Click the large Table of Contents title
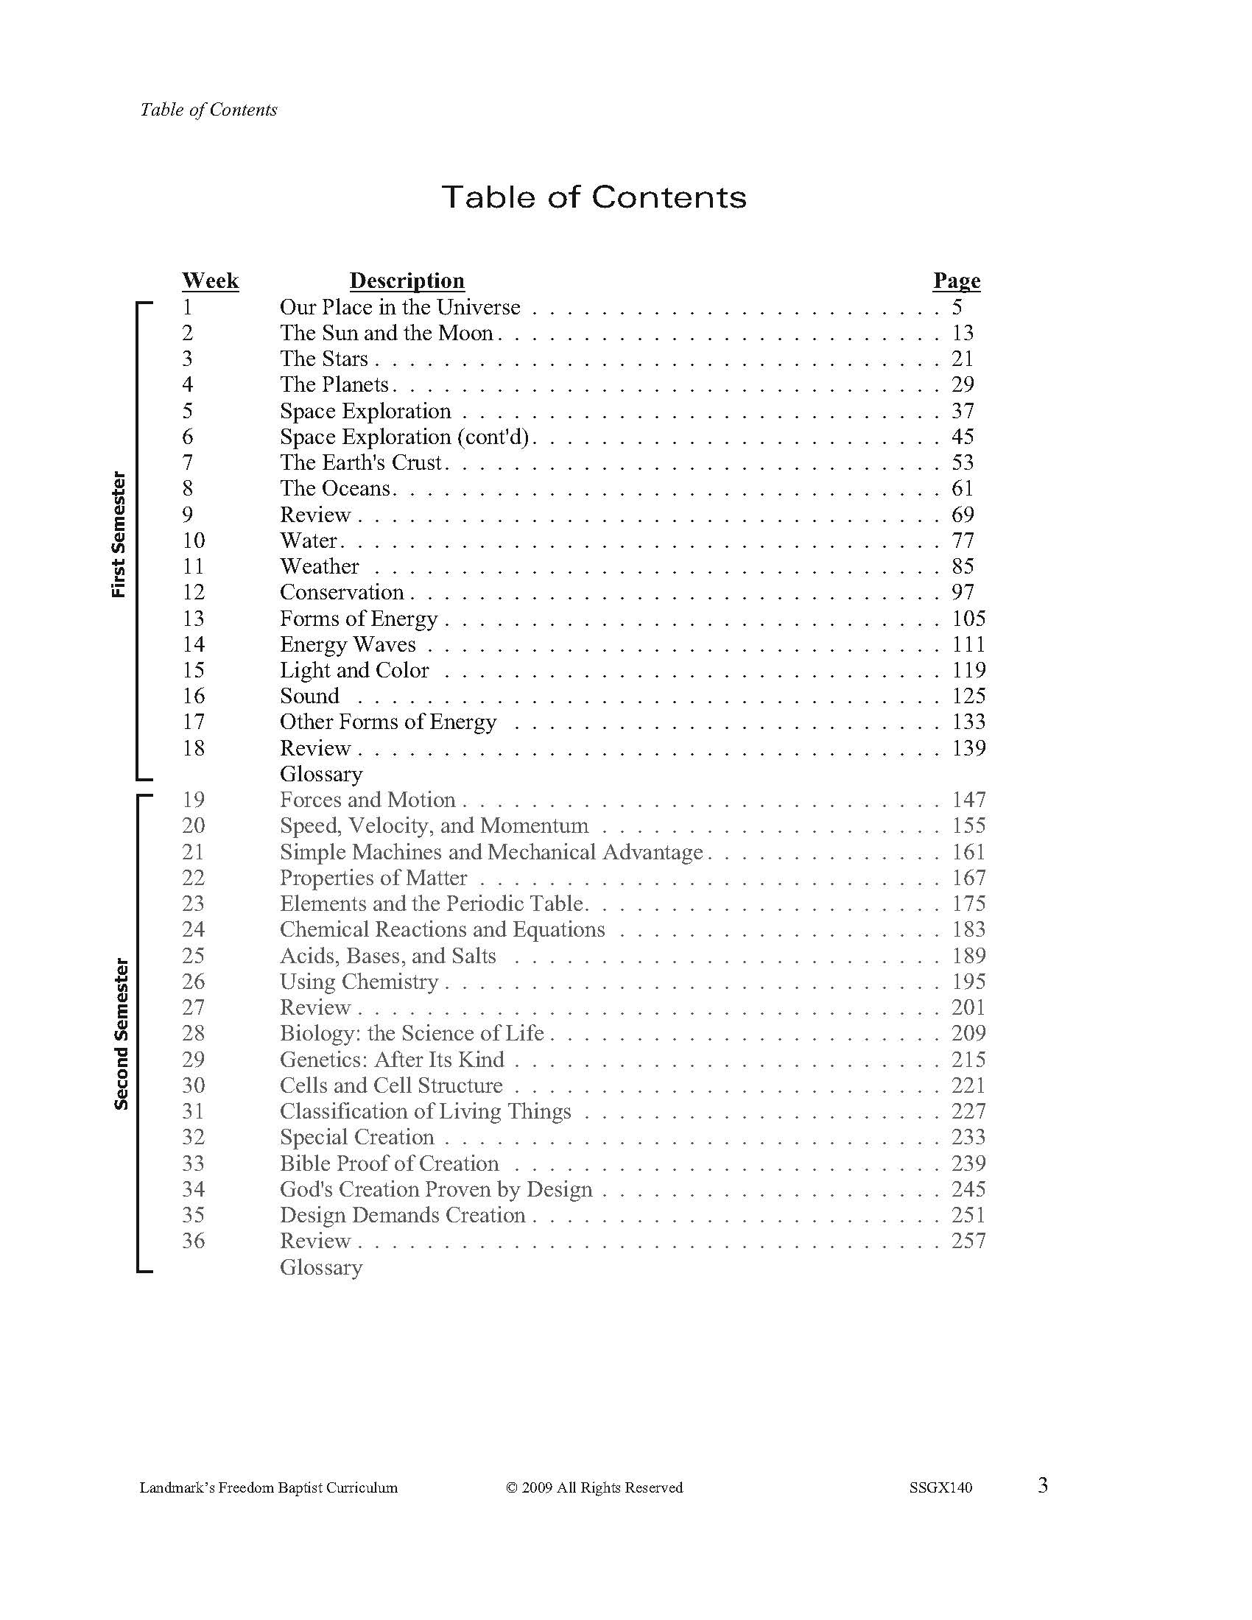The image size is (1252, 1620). pyautogui.click(x=594, y=197)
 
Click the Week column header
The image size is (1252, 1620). pyautogui.click(x=211, y=281)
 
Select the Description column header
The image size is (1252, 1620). pyautogui.click(x=407, y=281)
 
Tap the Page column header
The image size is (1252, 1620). pyautogui.click(x=956, y=281)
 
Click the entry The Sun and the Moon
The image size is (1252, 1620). pyautogui.click(x=387, y=333)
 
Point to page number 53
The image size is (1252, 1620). pyautogui.click(x=962, y=463)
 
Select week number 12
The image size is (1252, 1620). pyautogui.click(x=193, y=592)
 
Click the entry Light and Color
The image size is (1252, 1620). pyautogui.click(x=354, y=670)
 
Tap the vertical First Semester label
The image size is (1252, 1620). pyautogui.click(x=119, y=534)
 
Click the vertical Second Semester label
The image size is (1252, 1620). pyautogui.click(x=121, y=1034)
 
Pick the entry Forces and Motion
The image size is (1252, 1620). pyautogui.click(x=367, y=800)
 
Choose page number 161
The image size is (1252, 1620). pyautogui.click(x=968, y=851)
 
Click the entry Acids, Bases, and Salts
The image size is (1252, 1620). pyautogui.click(x=387, y=955)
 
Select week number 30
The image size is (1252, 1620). pyautogui.click(x=193, y=1085)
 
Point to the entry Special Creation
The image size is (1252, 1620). pyautogui.click(x=356, y=1137)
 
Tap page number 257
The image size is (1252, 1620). pyautogui.click(x=968, y=1241)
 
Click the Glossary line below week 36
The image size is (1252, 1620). pyautogui.click(x=320, y=1267)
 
